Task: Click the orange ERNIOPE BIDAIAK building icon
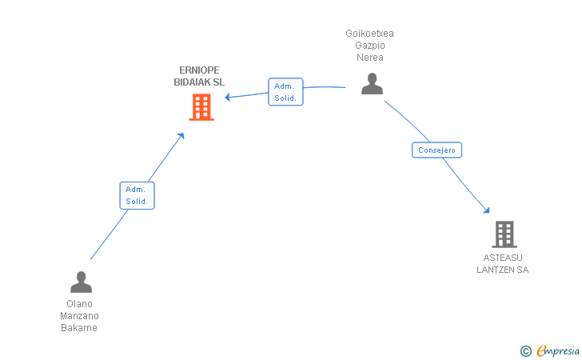[201, 106]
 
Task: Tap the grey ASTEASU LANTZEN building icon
[504, 234]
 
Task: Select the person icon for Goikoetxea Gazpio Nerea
[372, 83]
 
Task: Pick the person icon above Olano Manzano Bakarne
[81, 282]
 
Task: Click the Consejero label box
[437, 150]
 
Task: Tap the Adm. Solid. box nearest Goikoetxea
[285, 92]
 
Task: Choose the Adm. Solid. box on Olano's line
[137, 195]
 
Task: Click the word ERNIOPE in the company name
[199, 70]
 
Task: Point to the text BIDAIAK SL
[199, 82]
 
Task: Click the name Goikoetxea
[369, 34]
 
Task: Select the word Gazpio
[369, 46]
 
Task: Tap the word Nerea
[369, 58]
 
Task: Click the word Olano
[79, 304]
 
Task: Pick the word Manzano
[79, 316]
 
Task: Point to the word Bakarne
[79, 328]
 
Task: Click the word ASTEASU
[502, 258]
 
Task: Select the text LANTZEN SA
[502, 270]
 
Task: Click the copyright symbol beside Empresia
[525, 350]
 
